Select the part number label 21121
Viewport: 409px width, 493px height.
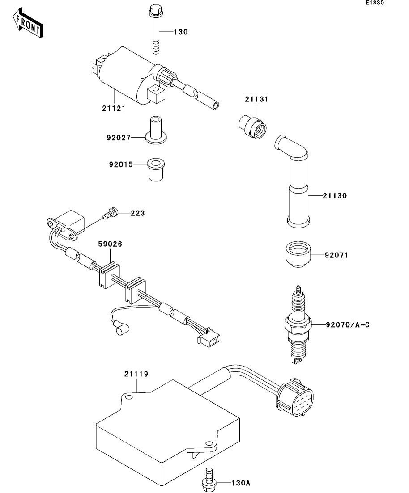[x=113, y=108]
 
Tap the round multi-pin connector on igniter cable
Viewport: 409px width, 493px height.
[x=296, y=396]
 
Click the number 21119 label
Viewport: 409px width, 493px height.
[x=136, y=373]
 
